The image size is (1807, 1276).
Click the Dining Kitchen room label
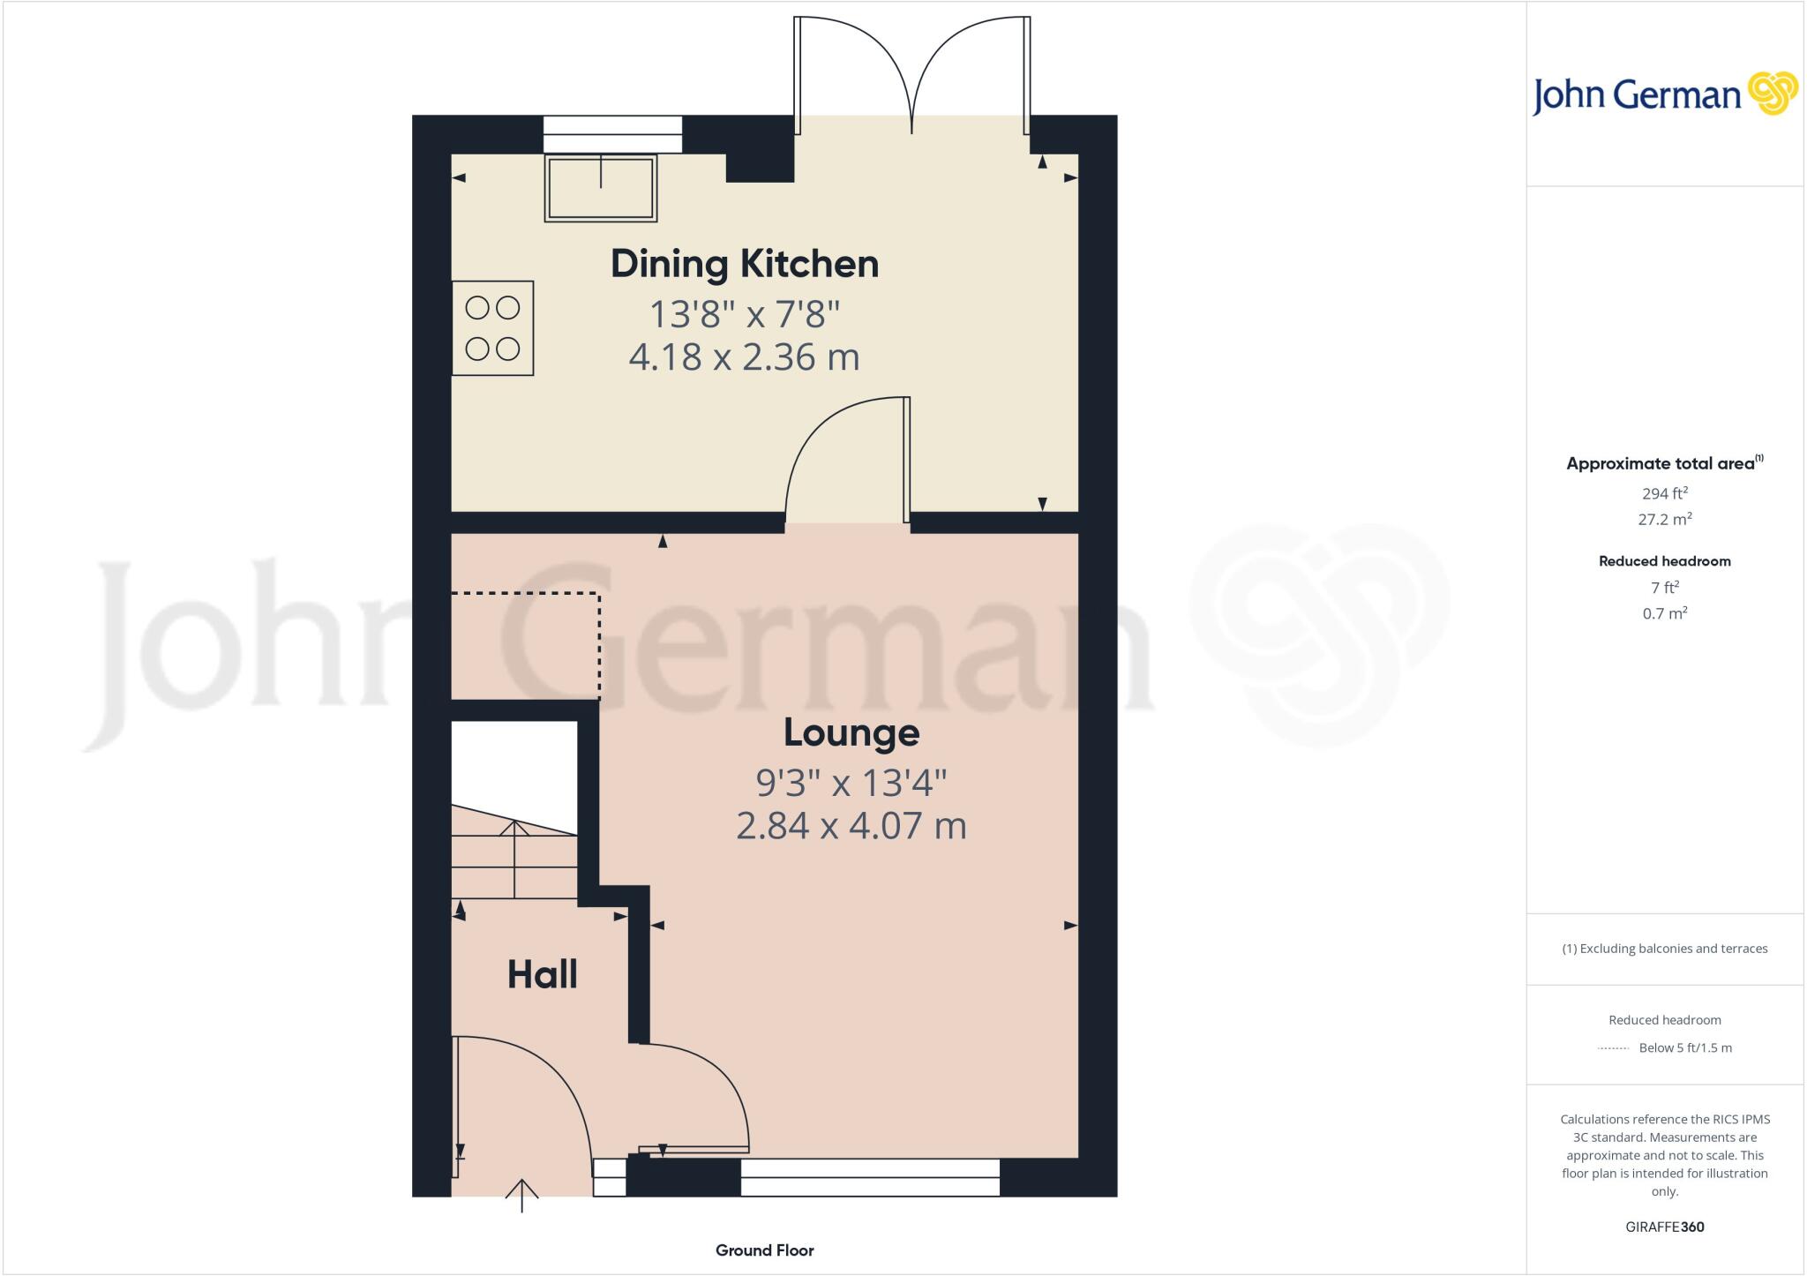pos(745,264)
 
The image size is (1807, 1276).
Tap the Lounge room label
pos(851,732)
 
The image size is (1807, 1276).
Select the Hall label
pos(542,975)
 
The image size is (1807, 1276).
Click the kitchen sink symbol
pos(601,188)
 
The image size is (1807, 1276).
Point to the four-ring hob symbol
pos(492,328)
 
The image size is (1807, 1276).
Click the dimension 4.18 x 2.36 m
pos(744,357)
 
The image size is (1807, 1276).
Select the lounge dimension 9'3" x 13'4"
pos(851,782)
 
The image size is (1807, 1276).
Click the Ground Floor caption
pos(764,1250)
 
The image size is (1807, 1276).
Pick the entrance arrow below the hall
pos(521,1196)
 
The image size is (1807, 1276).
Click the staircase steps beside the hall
pos(514,860)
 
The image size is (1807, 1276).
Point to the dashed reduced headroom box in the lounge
pos(526,646)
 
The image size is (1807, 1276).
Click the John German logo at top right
pos(1664,94)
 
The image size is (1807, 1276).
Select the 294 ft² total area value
pos(1664,493)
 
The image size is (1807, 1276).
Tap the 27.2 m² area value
pos(1664,520)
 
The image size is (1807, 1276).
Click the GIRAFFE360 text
pos(1664,1227)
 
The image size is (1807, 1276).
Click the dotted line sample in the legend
pos(1613,1048)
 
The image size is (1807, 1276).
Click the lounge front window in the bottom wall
pos(869,1178)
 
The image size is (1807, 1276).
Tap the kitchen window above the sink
pos(612,135)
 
